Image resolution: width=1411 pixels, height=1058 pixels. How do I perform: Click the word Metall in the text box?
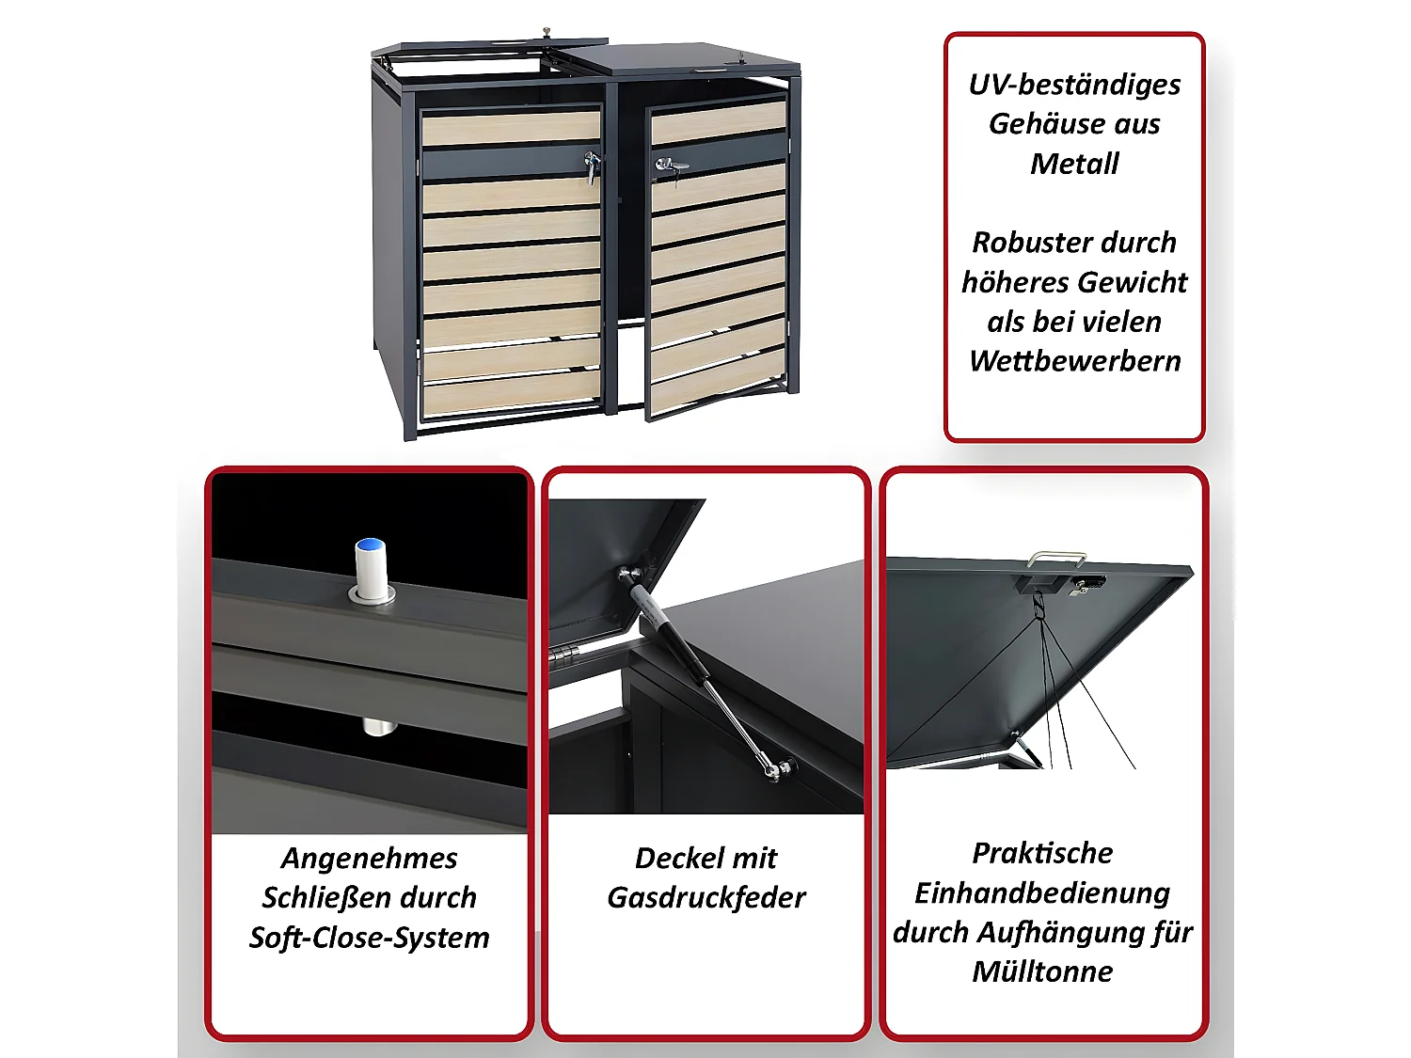click(1074, 164)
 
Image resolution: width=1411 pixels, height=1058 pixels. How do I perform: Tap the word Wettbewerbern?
click(1074, 361)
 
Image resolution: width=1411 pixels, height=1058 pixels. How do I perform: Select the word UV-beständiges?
click(1074, 85)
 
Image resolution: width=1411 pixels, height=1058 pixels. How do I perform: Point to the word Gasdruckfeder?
click(706, 898)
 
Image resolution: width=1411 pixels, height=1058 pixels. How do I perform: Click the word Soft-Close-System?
click(370, 938)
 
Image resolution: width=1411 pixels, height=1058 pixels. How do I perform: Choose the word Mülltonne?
click(1042, 971)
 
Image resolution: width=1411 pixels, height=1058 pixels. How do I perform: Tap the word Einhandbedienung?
click(1042, 892)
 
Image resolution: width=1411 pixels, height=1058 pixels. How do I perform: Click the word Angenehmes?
click(370, 859)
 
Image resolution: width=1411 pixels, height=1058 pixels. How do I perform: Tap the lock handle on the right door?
click(670, 166)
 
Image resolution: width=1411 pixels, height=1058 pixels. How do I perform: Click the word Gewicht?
click(1132, 282)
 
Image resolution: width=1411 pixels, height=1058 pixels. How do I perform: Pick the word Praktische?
click(1042, 853)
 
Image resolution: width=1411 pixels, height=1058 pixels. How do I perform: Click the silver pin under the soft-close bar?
click(376, 727)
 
